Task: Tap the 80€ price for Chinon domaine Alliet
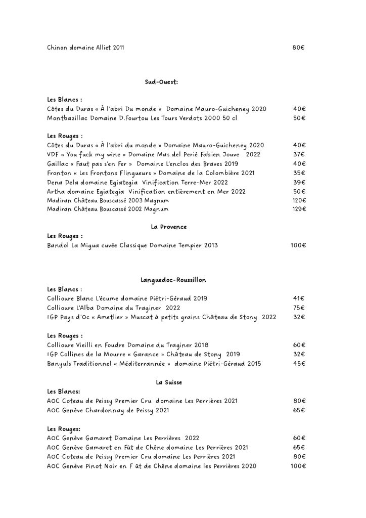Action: point(298,48)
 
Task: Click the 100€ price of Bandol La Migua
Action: point(298,246)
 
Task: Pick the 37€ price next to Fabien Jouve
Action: point(299,154)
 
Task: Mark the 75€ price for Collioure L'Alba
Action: point(299,308)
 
